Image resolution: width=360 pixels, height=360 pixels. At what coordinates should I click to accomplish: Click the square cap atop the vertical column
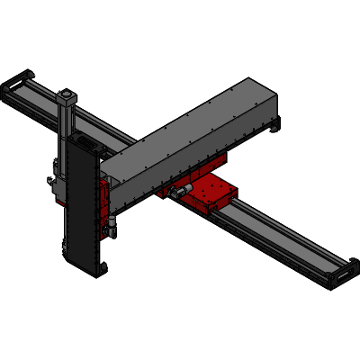(67, 94)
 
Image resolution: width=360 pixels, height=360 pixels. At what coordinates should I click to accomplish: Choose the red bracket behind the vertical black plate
(105, 202)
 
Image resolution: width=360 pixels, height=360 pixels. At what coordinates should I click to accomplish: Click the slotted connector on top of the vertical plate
(85, 144)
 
